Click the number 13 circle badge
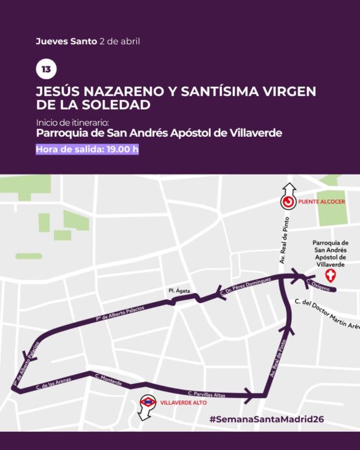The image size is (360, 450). [45, 69]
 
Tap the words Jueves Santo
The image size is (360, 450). [67, 41]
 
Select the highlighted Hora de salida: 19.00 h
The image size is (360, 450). [88, 149]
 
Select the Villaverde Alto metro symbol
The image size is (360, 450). [149, 402]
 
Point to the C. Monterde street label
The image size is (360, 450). [108, 379]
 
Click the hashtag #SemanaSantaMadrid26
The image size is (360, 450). [267, 420]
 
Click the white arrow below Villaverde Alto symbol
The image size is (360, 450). [144, 415]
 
